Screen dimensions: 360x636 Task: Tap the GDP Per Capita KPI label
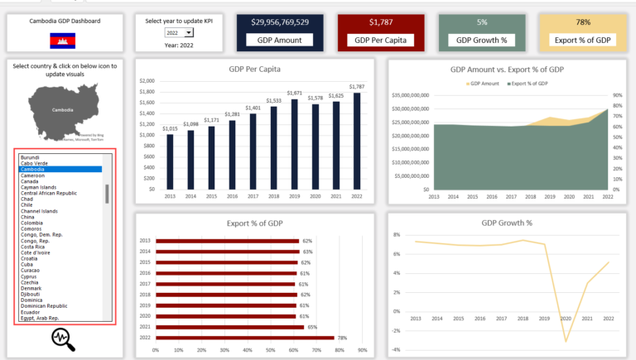380,39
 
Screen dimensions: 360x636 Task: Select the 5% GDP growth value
481,22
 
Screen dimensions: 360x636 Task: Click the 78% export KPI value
582,22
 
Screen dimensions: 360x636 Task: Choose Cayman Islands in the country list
39,187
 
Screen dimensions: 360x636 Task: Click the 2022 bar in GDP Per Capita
356,141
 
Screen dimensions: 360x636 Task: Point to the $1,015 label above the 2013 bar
170,128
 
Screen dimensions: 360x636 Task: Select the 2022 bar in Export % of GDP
244,338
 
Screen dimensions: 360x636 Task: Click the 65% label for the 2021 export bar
312,327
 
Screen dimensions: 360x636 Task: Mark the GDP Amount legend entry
484,84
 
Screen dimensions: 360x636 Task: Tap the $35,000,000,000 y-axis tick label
408,95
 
